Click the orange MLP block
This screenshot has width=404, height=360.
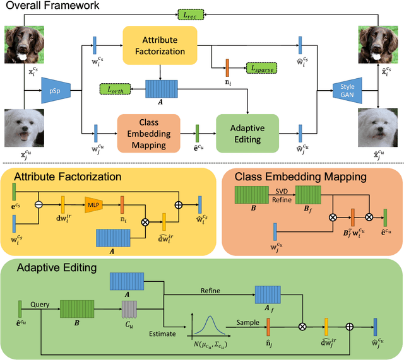coord(93,204)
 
